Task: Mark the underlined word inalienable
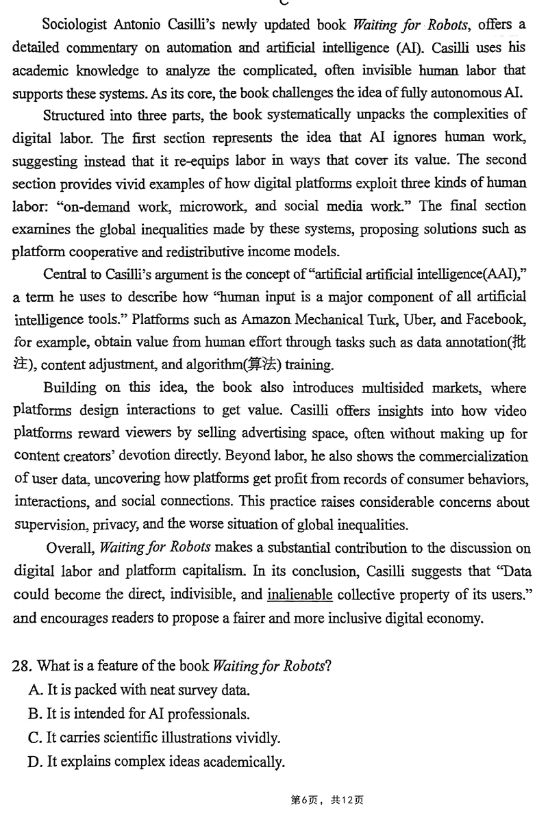(x=299, y=595)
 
